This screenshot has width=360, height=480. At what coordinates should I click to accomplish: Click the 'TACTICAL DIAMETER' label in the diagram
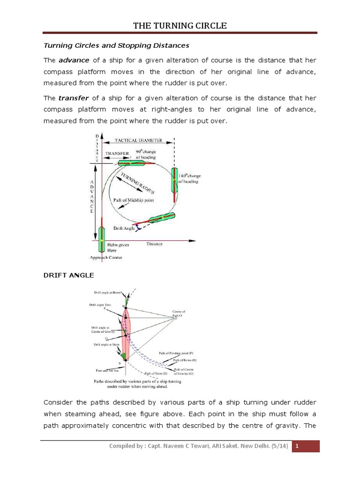tap(140, 140)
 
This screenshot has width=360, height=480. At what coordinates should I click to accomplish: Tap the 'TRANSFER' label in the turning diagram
tap(117, 153)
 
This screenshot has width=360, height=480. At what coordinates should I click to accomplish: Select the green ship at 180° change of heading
tap(174, 180)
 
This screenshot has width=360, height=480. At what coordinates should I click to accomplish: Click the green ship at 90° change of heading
tap(136, 163)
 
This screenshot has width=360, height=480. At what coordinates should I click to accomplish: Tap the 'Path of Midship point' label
tap(134, 200)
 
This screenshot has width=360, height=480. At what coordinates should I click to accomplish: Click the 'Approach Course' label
tap(105, 258)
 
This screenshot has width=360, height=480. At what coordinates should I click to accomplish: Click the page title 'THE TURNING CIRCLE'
tap(180, 26)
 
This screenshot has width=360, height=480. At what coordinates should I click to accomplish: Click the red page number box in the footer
tap(306, 446)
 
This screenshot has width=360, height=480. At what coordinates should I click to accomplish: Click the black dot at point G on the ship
tap(126, 335)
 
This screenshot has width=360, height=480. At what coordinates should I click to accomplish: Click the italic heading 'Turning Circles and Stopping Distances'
tap(116, 45)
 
